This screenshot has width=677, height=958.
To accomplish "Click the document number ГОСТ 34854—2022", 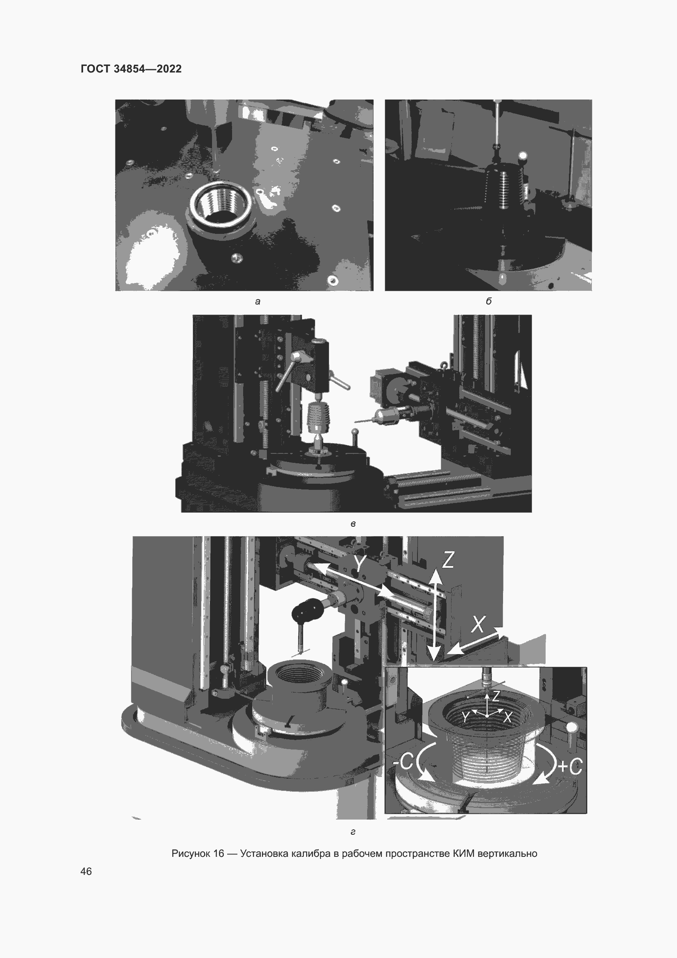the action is tap(131, 69).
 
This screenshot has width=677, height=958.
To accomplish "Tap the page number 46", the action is tap(86, 871).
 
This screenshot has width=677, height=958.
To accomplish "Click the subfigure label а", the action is tap(257, 301).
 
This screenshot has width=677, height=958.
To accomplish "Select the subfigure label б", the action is tap(489, 301).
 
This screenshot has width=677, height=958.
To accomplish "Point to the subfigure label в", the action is tap(353, 524).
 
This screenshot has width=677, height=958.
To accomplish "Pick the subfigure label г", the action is tap(353, 832).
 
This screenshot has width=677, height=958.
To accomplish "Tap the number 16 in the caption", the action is tap(219, 853).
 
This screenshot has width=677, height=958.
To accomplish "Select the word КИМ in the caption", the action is tap(463, 853).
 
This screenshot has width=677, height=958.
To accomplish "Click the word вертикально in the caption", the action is tap(507, 854).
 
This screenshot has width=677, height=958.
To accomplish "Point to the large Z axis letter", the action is tap(448, 559).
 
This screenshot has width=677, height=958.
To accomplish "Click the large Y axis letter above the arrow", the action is tap(360, 564).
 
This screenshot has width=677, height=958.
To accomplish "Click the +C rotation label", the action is tap(569, 766).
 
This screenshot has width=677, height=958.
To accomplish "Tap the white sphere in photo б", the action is tap(522, 157).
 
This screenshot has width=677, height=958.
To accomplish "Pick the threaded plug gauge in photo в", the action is tap(318, 418).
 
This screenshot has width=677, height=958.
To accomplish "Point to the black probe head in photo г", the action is tap(308, 610).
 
